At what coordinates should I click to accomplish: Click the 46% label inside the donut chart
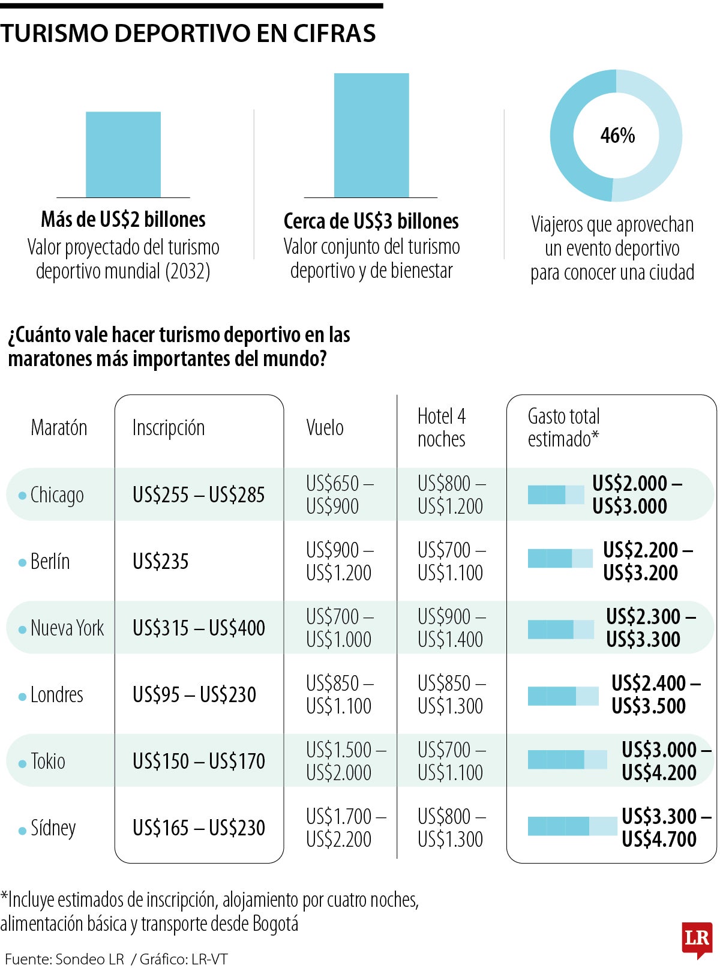coord(617,135)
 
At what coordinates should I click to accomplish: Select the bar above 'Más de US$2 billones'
coord(123,154)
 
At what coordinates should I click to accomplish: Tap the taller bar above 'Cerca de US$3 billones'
coord(371,135)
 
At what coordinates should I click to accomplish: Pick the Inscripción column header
coord(169,428)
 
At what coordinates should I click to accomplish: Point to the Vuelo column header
coord(325,428)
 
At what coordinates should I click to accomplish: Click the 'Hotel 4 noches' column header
coord(442,428)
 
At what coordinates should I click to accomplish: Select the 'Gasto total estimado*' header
coord(564,428)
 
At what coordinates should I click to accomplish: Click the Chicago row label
coord(57,495)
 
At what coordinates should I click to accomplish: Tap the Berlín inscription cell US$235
coord(161,561)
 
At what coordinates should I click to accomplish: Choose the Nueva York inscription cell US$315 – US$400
coord(199,628)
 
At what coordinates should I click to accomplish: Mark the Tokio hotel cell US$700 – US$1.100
coord(452,761)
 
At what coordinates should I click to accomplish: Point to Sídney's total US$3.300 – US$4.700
coord(667,828)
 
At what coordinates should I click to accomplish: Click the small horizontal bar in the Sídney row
coord(572,826)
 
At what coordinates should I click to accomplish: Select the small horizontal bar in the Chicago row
coord(556,495)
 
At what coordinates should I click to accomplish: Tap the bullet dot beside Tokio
coord(22,764)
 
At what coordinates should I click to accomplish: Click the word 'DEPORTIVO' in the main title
coord(182,33)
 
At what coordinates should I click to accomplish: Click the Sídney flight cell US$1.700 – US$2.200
coord(346,828)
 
